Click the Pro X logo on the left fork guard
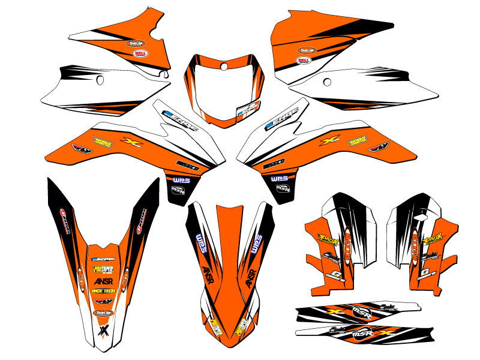[327, 241]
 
